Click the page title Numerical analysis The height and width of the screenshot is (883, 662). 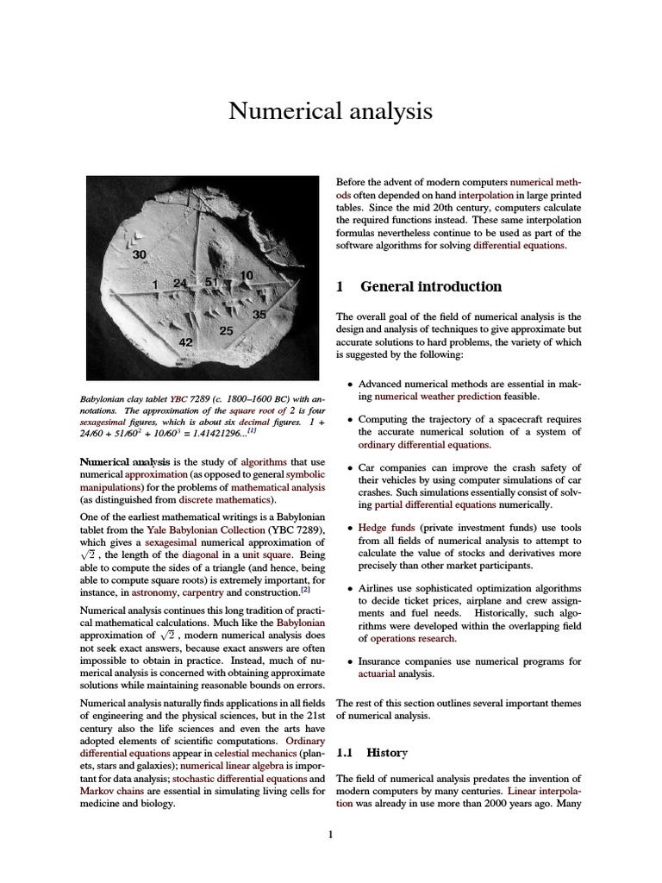point(330,111)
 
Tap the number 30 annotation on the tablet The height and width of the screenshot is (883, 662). point(140,254)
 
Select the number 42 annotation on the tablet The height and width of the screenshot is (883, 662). point(185,342)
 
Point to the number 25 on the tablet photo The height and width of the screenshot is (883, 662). point(227,330)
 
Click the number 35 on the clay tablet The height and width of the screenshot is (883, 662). point(259,315)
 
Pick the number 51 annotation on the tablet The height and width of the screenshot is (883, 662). point(211,282)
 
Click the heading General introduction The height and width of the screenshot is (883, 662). point(430,286)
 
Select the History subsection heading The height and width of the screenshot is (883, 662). point(387,753)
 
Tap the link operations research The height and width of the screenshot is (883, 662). point(413,639)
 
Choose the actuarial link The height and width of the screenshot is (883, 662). point(377,674)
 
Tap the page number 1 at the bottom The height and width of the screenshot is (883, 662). point(330,834)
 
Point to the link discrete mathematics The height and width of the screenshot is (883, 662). point(225,499)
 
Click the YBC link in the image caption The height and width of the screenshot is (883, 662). point(178,400)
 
